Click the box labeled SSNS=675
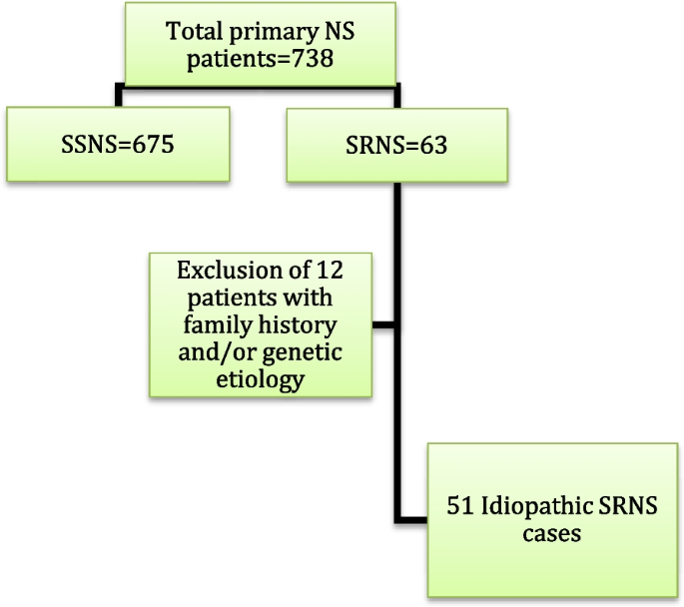[117, 144]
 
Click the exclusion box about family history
[262, 323]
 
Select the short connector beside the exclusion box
[385, 324]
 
